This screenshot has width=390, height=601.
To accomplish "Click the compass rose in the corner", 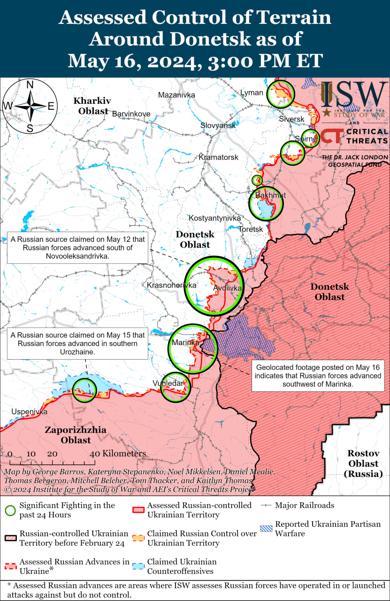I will point(29,106).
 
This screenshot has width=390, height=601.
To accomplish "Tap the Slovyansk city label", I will point(218,125).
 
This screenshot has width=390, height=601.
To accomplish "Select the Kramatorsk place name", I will point(218,157).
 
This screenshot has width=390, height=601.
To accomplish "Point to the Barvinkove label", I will point(131,114).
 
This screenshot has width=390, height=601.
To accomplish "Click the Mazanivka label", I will point(176,95).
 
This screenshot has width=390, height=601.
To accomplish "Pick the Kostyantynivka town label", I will point(214,218).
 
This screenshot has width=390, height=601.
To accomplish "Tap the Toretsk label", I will point(251,229).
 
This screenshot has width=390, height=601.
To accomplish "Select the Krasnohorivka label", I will point(171,285).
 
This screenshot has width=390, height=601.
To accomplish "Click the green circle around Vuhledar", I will point(176,387).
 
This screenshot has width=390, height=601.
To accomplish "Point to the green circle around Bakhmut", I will point(266,203).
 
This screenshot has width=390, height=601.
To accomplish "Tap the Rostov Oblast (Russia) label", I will point(363,463).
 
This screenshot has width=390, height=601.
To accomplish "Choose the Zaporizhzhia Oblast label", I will point(75,435).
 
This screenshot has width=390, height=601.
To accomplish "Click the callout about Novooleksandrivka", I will point(77,248).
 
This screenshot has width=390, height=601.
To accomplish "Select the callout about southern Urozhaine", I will point(77,343).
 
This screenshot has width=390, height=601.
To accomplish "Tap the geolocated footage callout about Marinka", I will point(318,376).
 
